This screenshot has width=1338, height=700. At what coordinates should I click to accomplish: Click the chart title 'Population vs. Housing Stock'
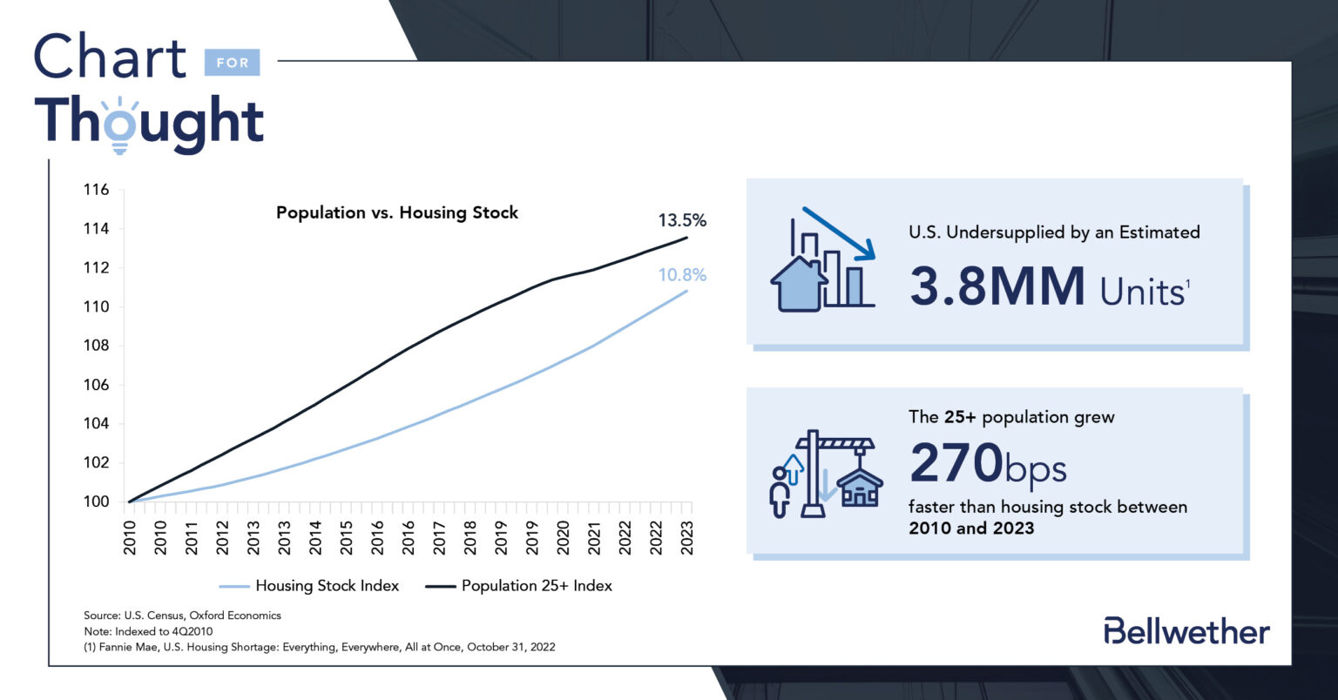(396, 212)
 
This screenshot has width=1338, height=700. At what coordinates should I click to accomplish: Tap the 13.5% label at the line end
(681, 220)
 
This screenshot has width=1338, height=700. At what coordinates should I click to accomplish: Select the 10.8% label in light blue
(681, 275)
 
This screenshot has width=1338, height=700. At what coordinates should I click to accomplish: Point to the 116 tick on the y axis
(96, 190)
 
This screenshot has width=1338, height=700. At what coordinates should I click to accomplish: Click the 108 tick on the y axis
(96, 346)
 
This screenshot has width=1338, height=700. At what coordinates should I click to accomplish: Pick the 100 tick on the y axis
(96, 501)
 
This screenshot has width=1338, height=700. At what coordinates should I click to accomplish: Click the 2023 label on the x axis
(687, 537)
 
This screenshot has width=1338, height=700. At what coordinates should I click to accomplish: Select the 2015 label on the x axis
(347, 537)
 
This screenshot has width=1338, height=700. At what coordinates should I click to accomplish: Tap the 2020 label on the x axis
(564, 537)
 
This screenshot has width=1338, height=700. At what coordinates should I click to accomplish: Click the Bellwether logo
(1186, 631)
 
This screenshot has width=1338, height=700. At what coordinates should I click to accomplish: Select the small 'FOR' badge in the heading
(232, 63)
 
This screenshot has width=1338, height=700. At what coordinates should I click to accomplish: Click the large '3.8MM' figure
(997, 286)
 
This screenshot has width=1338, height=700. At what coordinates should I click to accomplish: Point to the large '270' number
(956, 463)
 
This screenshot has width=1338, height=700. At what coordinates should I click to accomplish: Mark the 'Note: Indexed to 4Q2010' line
(148, 631)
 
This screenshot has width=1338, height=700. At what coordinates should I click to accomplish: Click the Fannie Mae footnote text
(319, 647)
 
